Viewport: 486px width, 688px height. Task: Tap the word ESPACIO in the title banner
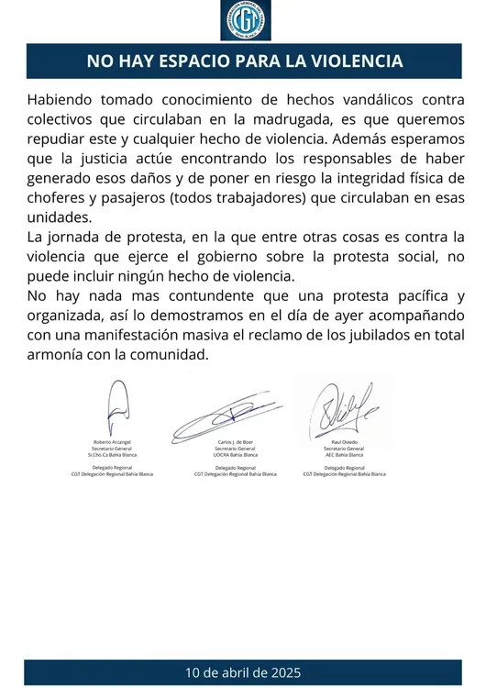point(187,61)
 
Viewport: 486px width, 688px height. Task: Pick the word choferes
point(58,198)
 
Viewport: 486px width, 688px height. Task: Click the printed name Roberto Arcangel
point(116,441)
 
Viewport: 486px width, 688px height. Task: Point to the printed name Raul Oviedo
point(348,441)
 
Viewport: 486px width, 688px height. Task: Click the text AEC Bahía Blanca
point(348,454)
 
